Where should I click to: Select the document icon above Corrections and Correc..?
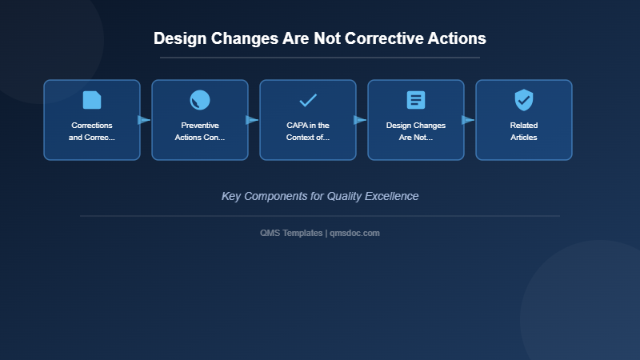(92, 100)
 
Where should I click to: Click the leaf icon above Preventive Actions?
(200, 100)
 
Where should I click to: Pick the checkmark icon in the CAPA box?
(308, 100)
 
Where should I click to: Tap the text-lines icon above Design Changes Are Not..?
(416, 100)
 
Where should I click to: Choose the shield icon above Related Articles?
(524, 100)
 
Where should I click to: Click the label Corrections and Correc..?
(92, 131)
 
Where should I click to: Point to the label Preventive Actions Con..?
(200, 131)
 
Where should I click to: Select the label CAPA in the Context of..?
(308, 131)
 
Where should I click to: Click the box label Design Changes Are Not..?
(416, 131)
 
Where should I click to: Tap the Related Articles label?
(524, 131)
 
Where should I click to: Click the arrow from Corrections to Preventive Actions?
(145, 120)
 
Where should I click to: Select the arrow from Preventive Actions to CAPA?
(253, 120)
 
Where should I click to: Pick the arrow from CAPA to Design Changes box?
(361, 120)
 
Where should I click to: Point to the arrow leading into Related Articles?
(469, 120)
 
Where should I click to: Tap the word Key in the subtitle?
(231, 196)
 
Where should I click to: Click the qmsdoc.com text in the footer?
(355, 233)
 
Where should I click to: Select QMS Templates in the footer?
(291, 233)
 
